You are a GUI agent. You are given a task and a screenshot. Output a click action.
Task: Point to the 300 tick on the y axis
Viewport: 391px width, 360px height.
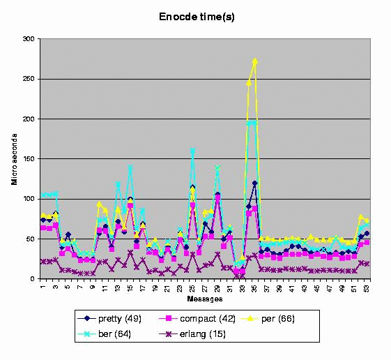pyautogui.click(x=29, y=39)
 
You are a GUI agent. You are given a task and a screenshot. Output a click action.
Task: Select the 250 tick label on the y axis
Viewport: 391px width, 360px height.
pyautogui.click(x=29, y=79)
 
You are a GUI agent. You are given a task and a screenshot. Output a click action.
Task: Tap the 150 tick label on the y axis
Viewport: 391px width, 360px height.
pyautogui.click(x=29, y=159)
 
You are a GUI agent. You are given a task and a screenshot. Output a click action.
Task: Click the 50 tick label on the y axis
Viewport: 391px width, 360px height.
pyautogui.click(x=31, y=239)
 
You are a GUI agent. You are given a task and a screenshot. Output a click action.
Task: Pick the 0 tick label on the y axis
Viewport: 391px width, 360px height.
pyautogui.click(x=33, y=279)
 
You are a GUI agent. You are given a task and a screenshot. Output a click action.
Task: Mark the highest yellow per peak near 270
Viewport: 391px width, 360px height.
pyautogui.click(x=255, y=61)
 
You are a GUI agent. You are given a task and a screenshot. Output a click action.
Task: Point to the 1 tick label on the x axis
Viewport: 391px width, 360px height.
pyautogui.click(x=43, y=286)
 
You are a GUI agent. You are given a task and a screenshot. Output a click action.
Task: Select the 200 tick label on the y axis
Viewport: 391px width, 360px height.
pyautogui.click(x=29, y=119)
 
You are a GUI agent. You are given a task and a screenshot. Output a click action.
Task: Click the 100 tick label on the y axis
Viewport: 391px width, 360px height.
pyautogui.click(x=29, y=200)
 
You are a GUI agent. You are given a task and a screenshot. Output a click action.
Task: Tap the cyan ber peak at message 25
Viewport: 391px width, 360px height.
pyautogui.click(x=192, y=151)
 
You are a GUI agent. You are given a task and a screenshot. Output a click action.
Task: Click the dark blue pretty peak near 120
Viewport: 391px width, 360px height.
pyautogui.click(x=255, y=183)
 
